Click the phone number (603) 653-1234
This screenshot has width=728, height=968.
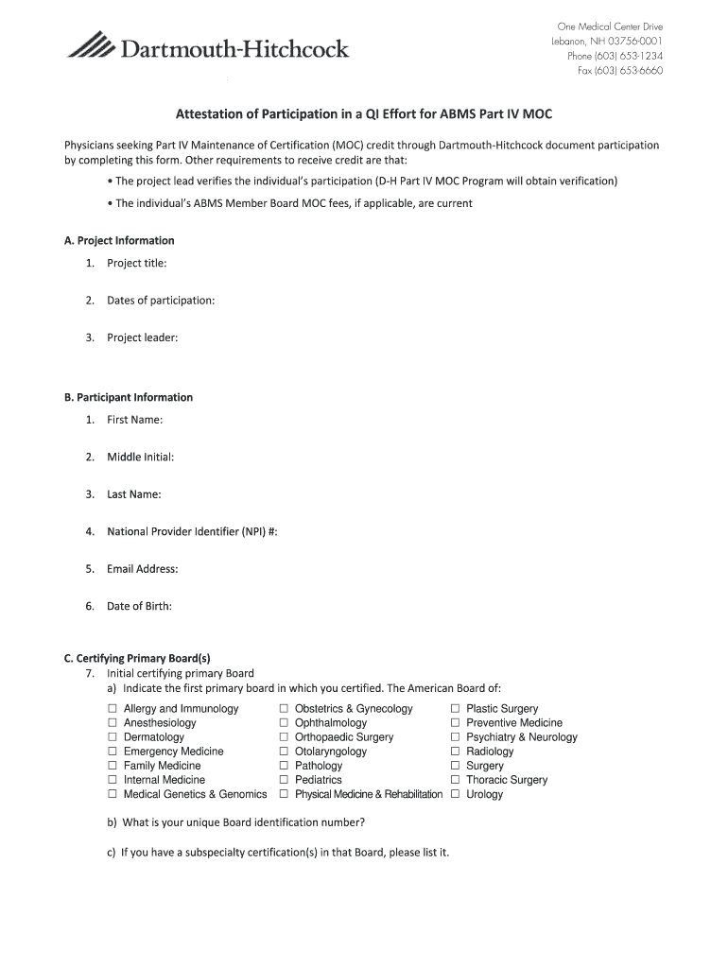pos(615,56)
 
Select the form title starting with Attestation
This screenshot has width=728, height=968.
pos(363,114)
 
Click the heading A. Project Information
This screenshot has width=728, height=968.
pos(119,241)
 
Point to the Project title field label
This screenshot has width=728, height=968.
pos(136,264)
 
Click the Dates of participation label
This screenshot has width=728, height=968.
pos(160,301)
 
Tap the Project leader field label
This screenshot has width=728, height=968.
pos(142,337)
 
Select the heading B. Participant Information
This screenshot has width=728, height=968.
pos(128,398)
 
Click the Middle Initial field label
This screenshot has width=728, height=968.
pos(140,458)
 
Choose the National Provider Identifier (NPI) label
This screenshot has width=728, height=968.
pos(192,532)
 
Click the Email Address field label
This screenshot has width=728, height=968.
pos(142,569)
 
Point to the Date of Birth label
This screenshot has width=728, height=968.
pos(139,606)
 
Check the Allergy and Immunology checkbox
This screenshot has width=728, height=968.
pos(113,709)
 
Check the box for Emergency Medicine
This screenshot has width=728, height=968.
pos(113,752)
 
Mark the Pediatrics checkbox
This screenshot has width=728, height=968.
pos(284,780)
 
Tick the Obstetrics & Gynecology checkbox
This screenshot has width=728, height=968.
pos(284,709)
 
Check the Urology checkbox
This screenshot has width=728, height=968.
pos(455,794)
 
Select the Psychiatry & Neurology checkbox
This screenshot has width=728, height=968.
pos(455,737)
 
